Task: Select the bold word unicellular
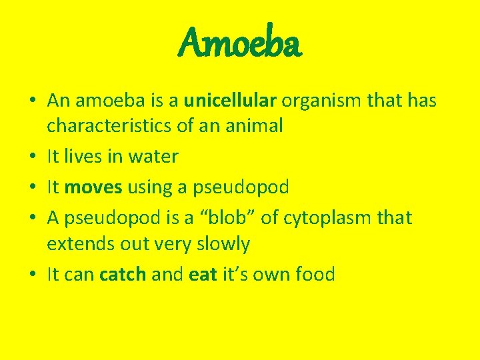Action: click(230, 101)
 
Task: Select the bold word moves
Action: click(93, 187)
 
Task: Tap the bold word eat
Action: click(203, 274)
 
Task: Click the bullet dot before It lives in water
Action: click(33, 157)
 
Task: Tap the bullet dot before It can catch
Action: click(33, 275)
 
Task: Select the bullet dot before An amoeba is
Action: click(33, 101)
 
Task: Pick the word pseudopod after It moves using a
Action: click(241, 187)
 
